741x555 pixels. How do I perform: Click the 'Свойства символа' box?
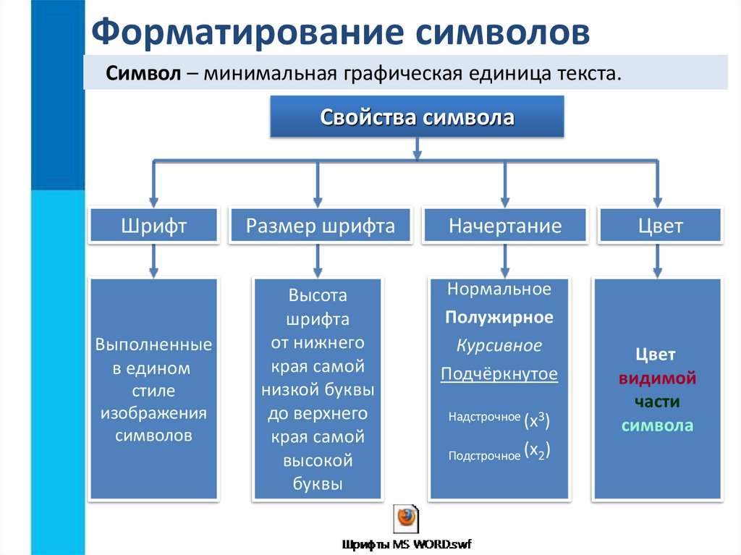point(417,117)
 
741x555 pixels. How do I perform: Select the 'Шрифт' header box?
point(153,226)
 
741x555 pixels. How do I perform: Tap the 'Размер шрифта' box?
point(320,226)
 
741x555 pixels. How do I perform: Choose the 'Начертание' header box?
point(504,226)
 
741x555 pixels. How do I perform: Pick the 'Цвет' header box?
point(659,226)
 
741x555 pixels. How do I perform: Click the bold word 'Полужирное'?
point(499,318)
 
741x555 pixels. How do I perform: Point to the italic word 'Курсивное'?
point(499,346)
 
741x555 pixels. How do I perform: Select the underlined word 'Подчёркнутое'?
point(499,374)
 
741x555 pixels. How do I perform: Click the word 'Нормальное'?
point(499,289)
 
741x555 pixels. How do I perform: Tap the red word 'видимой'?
point(657,378)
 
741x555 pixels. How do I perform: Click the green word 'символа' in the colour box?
point(657,425)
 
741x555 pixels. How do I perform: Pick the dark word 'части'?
point(657,402)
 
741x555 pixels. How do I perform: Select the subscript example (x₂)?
point(536,452)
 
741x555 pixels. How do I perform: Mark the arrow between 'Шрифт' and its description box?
point(153,260)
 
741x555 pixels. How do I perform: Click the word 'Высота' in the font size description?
point(318,295)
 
